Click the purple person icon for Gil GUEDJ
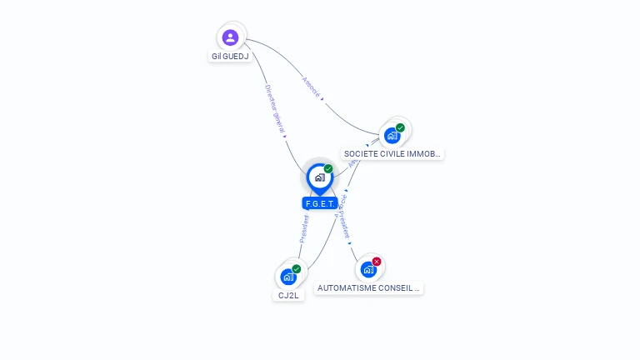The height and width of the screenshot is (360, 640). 231,37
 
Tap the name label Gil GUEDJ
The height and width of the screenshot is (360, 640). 230,57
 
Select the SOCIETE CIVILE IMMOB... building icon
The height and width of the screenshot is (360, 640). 392,135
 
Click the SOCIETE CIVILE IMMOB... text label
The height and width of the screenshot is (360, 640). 392,154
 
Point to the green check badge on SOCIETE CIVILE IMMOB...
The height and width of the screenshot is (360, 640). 400,127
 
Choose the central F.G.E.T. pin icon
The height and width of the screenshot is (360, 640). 319,177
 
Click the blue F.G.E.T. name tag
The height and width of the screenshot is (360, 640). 320,203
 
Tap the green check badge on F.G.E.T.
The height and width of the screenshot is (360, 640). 328,168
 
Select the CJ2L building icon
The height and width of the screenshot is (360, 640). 288,277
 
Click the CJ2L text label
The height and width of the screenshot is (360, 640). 288,295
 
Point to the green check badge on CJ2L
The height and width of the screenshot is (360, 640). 297,268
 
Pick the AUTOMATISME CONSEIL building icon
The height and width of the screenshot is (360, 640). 368,269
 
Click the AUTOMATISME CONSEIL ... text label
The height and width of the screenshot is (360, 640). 369,287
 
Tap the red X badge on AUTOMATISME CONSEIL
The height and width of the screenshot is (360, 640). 377,262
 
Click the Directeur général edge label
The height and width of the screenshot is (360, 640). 275,109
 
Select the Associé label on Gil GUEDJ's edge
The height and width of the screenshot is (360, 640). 311,88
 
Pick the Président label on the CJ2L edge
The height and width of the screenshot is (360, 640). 304,228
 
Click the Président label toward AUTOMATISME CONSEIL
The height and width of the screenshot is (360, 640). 344,223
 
